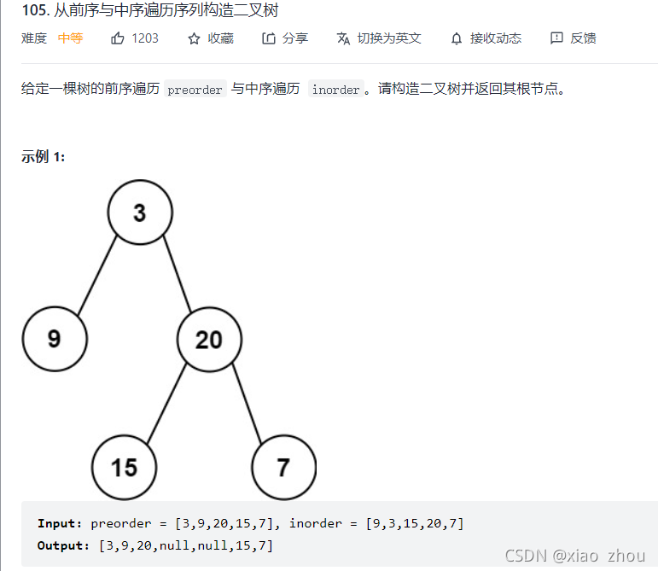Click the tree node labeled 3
click(x=140, y=213)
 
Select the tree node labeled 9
click(x=55, y=339)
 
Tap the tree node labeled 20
click(x=209, y=340)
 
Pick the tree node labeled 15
click(x=125, y=467)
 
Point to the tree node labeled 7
click(x=283, y=467)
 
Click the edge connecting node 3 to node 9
click(x=97, y=276)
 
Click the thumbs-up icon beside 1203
click(x=118, y=38)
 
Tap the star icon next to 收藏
click(x=194, y=38)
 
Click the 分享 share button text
click(x=295, y=38)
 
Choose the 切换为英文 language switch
click(x=389, y=38)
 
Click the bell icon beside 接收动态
click(x=457, y=38)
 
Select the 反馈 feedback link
click(x=583, y=38)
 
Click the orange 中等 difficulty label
click(x=70, y=38)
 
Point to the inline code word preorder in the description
click(x=195, y=90)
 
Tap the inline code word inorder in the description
click(x=335, y=90)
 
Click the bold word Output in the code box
click(x=62, y=545)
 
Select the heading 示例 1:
click(x=44, y=156)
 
